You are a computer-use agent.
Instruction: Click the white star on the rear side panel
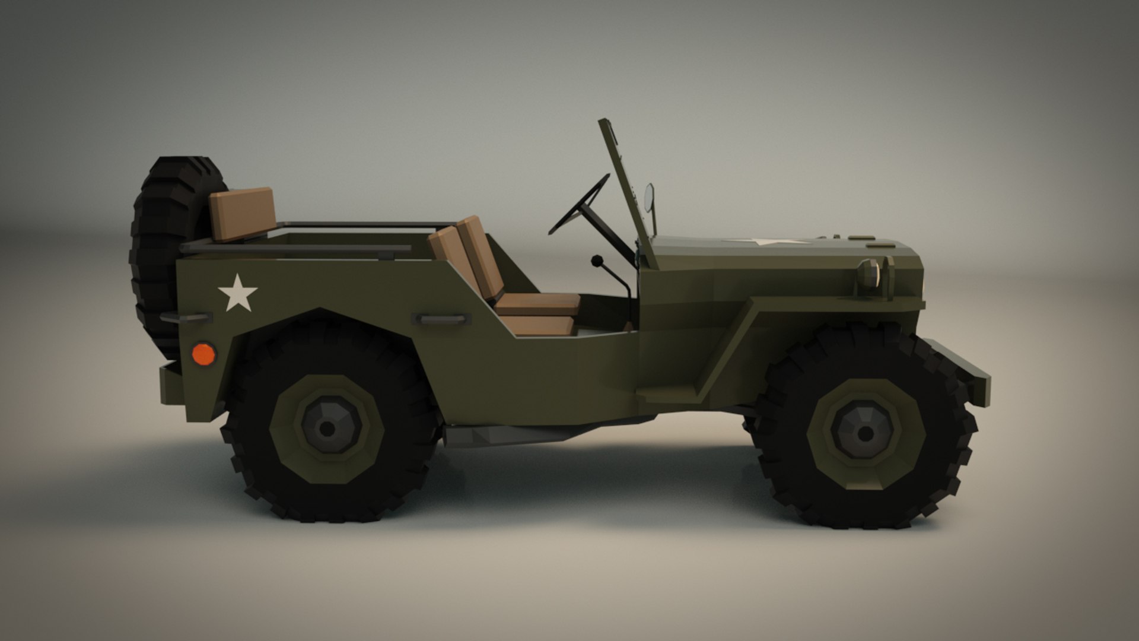coord(237,293)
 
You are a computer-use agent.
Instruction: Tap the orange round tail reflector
coord(203,354)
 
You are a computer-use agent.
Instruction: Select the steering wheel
coord(578,205)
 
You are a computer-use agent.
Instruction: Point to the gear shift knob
coord(597,261)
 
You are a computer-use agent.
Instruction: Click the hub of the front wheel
coord(864,433)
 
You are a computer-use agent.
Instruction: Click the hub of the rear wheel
coord(327,427)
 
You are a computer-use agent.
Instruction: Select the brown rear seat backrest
coord(242,213)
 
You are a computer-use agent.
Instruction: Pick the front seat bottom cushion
coord(537,304)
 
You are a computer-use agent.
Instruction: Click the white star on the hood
coord(765,242)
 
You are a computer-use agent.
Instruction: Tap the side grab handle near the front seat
coord(441,319)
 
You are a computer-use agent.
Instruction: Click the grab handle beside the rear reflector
coord(186,318)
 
